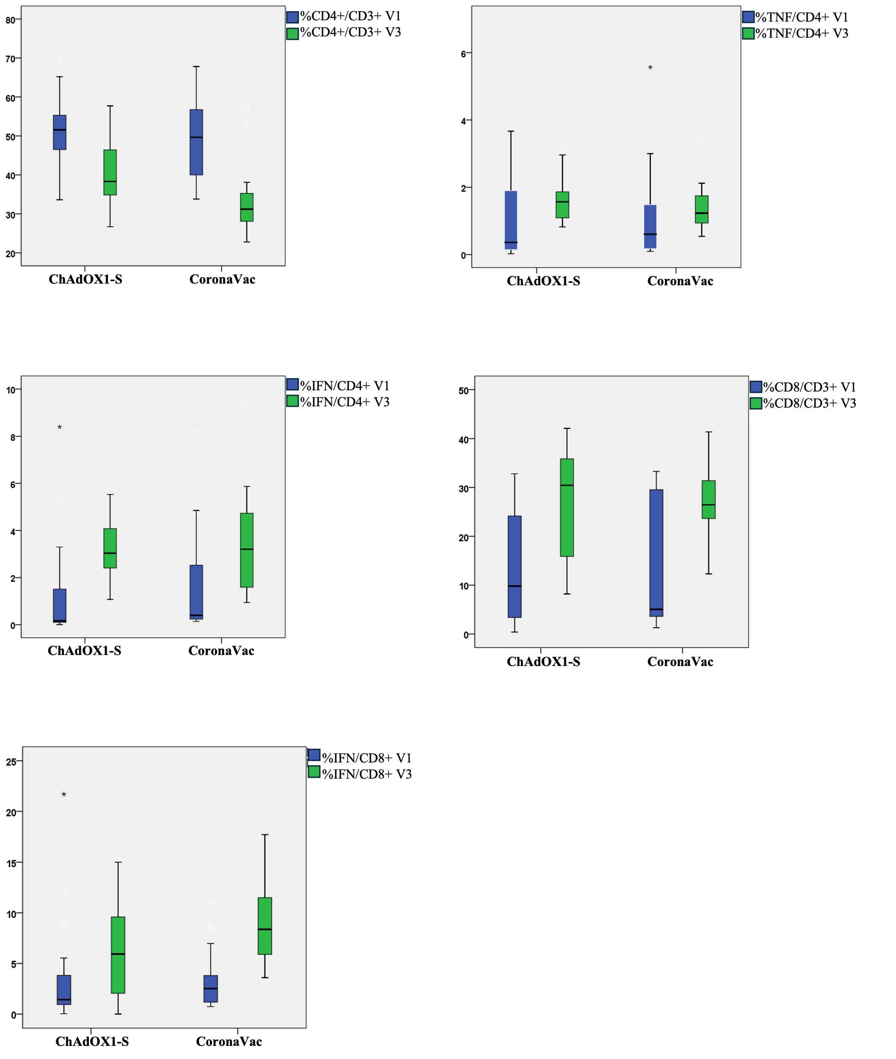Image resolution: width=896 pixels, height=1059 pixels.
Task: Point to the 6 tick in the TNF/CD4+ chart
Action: tap(463, 54)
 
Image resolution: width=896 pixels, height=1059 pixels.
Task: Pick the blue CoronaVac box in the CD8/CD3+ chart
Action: tap(656, 553)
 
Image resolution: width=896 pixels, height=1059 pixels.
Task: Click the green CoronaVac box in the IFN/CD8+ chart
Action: tap(265, 926)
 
